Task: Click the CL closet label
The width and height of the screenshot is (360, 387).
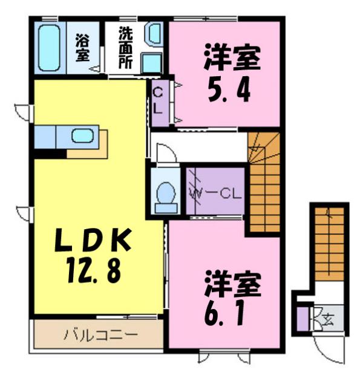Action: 159,102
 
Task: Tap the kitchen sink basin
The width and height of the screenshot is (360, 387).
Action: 83,135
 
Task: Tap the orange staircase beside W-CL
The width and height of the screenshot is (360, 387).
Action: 264,187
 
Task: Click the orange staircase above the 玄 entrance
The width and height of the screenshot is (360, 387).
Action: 329,248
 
